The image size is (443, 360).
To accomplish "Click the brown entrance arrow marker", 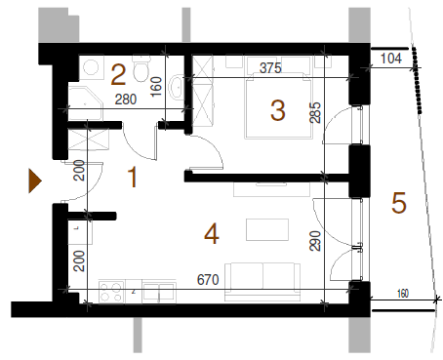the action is click(x=34, y=180).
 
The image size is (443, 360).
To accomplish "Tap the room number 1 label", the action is click(x=132, y=178).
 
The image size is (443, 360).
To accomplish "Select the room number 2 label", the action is click(x=118, y=75).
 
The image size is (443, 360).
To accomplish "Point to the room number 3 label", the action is click(x=278, y=110).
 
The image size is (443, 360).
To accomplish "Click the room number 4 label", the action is click(x=212, y=234).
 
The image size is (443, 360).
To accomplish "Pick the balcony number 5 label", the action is click(x=399, y=203).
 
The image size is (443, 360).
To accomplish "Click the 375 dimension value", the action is click(x=270, y=68).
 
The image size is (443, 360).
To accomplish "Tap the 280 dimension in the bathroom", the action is click(x=126, y=100).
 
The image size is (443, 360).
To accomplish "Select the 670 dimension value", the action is click(x=208, y=279).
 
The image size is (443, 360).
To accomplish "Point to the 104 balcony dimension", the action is click(x=391, y=59).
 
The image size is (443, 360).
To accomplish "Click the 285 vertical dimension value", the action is click(x=315, y=112).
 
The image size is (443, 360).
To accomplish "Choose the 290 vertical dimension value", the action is click(x=315, y=241).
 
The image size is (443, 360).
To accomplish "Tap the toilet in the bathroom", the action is click(x=141, y=67).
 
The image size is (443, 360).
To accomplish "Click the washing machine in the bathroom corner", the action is click(x=92, y=67).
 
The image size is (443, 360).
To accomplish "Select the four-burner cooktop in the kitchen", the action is click(x=111, y=292).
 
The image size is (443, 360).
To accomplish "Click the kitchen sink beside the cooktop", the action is click(x=159, y=292).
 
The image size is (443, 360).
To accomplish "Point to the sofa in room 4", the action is click(x=262, y=282).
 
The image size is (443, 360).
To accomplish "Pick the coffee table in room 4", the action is click(x=267, y=229).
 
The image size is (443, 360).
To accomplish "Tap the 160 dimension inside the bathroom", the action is click(x=156, y=86).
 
